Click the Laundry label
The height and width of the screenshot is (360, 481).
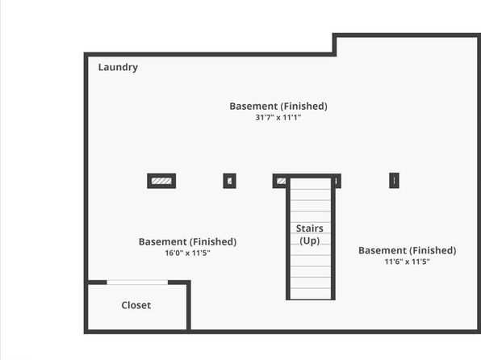point(118,67)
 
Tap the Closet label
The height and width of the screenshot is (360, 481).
point(136,305)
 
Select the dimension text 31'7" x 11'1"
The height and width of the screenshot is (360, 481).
point(278,117)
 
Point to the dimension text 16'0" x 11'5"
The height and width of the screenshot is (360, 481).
point(187,253)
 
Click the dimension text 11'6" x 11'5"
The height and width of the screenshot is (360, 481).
point(407,262)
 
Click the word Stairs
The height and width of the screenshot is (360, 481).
point(310,228)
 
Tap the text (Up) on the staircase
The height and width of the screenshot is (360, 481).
point(310,241)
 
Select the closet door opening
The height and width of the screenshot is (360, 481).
point(137,283)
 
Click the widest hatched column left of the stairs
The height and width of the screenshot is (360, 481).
point(161,181)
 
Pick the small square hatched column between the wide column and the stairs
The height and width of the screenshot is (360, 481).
point(229,181)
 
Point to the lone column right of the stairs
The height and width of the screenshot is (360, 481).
point(394,180)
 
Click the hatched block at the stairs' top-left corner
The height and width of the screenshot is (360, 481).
point(281,181)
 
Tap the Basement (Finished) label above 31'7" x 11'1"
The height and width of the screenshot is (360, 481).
point(278,107)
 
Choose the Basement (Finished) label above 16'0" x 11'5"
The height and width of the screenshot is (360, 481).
point(187,242)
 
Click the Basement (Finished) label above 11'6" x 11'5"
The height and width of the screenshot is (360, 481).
point(407,250)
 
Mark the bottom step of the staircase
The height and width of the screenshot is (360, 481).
point(311,293)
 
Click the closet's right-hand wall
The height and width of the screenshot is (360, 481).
point(189,306)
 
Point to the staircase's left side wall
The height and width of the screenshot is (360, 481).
point(288,239)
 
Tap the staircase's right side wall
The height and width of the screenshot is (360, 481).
point(333,239)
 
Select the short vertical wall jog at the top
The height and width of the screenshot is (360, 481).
point(334,45)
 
